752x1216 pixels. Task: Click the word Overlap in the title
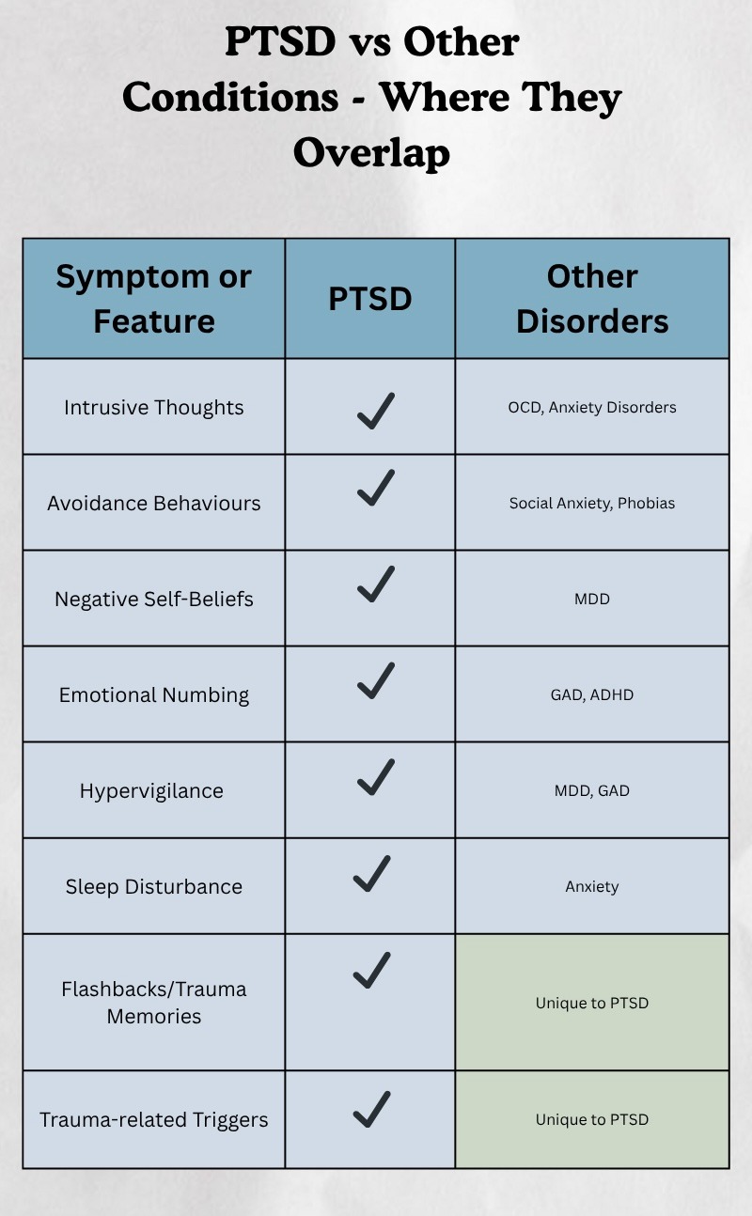click(x=371, y=153)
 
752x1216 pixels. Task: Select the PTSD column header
click(x=370, y=299)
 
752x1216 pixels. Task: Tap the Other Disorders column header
click(x=592, y=299)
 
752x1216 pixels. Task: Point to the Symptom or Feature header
click(x=154, y=299)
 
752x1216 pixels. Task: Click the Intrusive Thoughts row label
click(x=154, y=408)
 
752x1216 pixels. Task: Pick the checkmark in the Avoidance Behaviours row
click(x=375, y=490)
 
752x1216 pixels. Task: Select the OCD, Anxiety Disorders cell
click(x=592, y=407)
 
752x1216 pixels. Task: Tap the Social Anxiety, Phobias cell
click(x=592, y=503)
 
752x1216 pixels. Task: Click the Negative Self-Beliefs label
click(x=154, y=600)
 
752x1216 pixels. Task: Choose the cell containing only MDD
click(x=592, y=599)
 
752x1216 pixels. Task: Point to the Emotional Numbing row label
click(x=154, y=695)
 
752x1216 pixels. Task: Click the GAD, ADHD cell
click(x=592, y=694)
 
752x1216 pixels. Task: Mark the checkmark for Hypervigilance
click(x=375, y=777)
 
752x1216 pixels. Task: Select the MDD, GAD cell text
click(x=592, y=790)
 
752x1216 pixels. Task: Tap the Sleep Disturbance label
click(x=154, y=887)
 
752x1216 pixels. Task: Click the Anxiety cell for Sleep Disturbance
click(x=592, y=886)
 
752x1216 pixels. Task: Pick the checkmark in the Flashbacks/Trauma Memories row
click(x=371, y=970)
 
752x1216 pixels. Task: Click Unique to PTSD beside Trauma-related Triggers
click(x=592, y=1119)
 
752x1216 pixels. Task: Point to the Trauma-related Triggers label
click(x=154, y=1120)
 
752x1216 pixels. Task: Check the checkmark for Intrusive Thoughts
click(x=375, y=411)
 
